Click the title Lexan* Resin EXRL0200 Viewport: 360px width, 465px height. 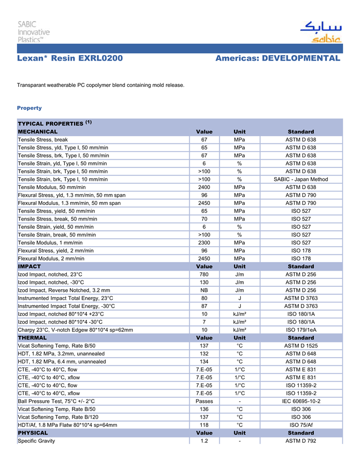point(70,59)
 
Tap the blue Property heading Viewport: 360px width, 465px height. point(29,108)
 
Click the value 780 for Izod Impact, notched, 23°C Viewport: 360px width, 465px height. point(204,274)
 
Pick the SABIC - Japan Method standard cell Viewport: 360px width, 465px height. point(301,179)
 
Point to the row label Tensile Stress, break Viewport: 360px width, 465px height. point(43,139)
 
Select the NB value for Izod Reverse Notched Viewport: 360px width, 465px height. point(204,290)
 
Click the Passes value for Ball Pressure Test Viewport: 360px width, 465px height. point(204,401)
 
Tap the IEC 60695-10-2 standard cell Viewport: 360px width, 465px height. point(301,401)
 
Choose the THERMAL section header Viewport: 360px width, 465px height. point(32,338)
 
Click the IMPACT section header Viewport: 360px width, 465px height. point(29,267)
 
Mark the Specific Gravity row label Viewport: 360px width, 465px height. point(37,441)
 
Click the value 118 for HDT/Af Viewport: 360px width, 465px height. point(204,425)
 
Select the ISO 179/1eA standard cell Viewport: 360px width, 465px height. point(301,330)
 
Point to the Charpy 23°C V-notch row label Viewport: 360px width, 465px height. point(75,330)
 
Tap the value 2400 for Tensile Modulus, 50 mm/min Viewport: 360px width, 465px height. point(204,187)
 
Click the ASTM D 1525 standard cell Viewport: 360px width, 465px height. point(301,346)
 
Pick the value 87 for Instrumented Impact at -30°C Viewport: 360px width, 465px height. point(204,306)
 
